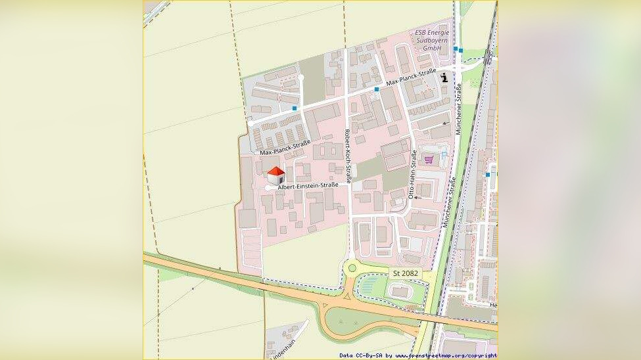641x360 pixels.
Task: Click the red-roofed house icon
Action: click(276, 175)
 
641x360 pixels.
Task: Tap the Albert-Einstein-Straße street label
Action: click(308, 186)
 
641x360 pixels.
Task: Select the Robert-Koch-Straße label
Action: click(348, 156)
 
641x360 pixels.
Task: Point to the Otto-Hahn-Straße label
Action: click(413, 175)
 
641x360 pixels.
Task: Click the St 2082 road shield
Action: click(405, 273)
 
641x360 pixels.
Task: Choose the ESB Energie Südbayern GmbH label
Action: click(431, 40)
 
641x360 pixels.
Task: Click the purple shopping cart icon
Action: click(429, 159)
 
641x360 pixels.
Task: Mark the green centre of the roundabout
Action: click(352, 267)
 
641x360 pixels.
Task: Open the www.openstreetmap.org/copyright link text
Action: click(446, 355)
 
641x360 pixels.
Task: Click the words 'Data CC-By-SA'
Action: click(361, 355)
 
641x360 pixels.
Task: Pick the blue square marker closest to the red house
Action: click(295, 108)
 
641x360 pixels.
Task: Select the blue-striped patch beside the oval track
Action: click(369, 284)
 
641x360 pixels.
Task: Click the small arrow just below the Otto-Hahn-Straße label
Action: click(415, 197)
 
